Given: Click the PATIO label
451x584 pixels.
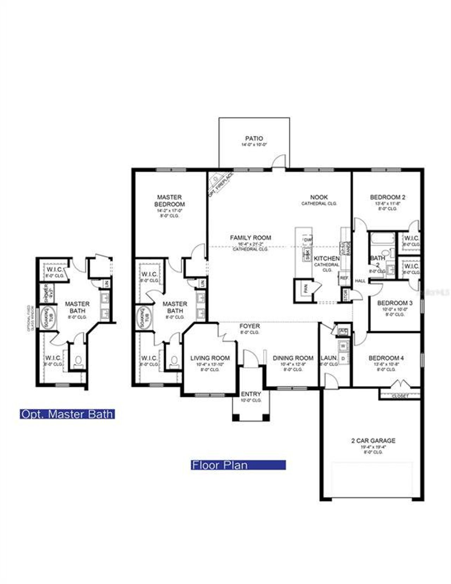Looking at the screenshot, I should point(254,138).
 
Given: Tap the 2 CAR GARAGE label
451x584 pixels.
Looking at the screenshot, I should point(373,440).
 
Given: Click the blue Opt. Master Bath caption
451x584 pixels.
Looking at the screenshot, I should point(67,414).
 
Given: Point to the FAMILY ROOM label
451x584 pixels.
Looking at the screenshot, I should point(251,238).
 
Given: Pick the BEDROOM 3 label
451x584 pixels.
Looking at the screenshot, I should point(395,303).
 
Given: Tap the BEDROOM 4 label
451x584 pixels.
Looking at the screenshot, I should point(386,358).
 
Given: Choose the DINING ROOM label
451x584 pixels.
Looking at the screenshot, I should point(293,358).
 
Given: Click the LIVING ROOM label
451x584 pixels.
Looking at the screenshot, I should point(210,358).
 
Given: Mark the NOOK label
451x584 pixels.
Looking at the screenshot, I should point(319,197).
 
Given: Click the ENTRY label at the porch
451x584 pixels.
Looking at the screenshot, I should point(251,394).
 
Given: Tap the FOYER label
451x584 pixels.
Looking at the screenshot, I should point(250,326).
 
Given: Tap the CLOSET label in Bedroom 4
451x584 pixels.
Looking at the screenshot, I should point(400,396).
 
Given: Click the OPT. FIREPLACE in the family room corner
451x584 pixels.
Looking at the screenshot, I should point(220,184).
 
